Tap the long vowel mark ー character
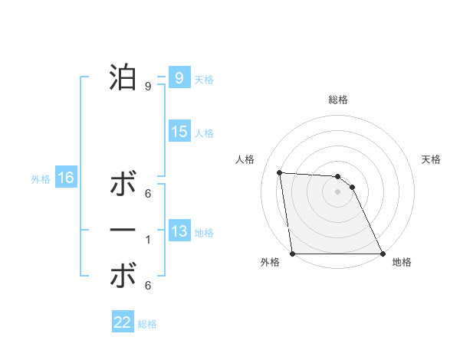(x=123, y=230)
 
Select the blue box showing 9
(x=179, y=77)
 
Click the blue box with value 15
(x=179, y=132)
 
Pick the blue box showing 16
(x=66, y=178)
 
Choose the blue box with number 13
(x=179, y=231)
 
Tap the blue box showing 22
(x=123, y=322)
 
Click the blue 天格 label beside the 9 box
(x=204, y=80)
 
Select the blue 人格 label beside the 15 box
(x=204, y=133)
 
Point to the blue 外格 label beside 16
(x=41, y=179)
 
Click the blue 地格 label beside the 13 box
(x=204, y=233)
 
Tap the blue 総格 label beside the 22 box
(x=147, y=324)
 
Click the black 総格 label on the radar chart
(x=338, y=100)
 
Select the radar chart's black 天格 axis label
(x=432, y=159)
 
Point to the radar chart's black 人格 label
(x=245, y=159)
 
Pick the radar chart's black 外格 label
(x=270, y=262)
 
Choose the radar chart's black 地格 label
(x=402, y=262)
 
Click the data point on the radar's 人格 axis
(x=280, y=172)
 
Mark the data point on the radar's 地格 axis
(x=382, y=254)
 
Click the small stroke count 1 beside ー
(x=148, y=240)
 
